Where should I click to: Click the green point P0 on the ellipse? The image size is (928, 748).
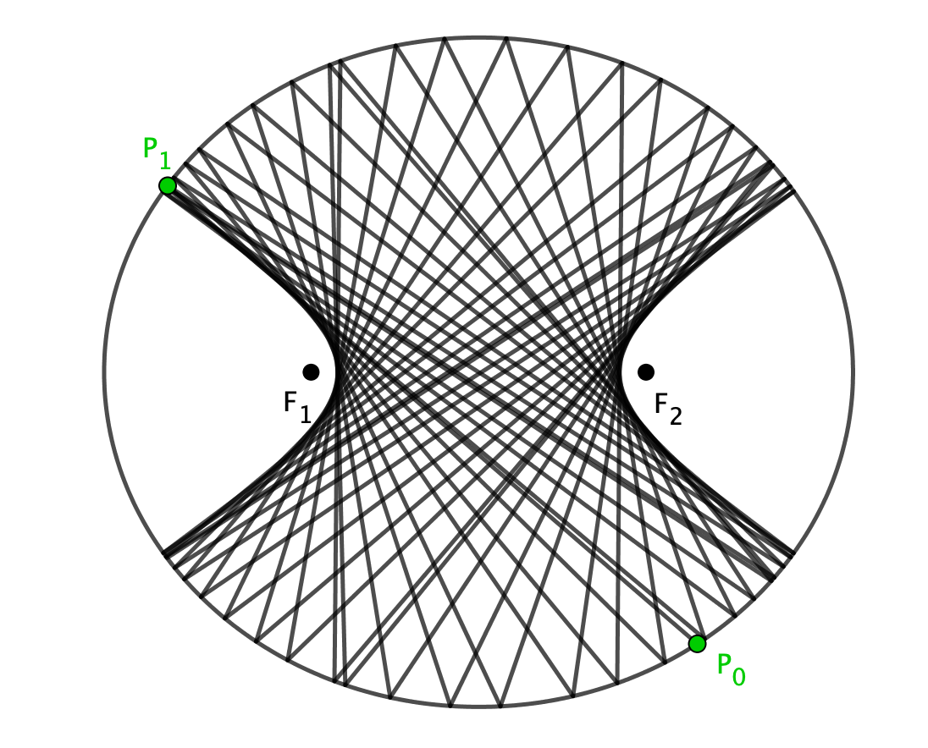(697, 643)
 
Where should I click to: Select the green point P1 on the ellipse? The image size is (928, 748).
(168, 185)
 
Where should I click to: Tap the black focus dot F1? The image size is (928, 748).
(311, 372)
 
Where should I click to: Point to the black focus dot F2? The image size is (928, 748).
(646, 372)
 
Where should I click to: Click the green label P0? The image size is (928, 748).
(731, 669)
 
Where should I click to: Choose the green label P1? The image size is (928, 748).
(157, 153)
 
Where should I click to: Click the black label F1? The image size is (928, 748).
(298, 408)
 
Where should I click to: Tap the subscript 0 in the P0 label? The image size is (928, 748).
(739, 677)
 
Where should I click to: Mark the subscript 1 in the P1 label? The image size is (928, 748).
(164, 161)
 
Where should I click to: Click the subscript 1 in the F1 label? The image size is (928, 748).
(306, 415)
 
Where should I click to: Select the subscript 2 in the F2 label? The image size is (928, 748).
(676, 417)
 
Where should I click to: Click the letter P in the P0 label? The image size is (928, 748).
(724, 664)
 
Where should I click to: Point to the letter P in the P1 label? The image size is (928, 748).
(151, 148)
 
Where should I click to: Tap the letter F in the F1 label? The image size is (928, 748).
(290, 402)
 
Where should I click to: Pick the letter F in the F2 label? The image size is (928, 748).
(661, 404)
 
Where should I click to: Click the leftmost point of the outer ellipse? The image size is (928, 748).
(104, 372)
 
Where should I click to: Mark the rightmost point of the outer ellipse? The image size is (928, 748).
(853, 372)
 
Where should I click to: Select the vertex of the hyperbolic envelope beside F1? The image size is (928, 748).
(335, 372)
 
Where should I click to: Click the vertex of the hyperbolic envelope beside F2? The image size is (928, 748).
(621, 372)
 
